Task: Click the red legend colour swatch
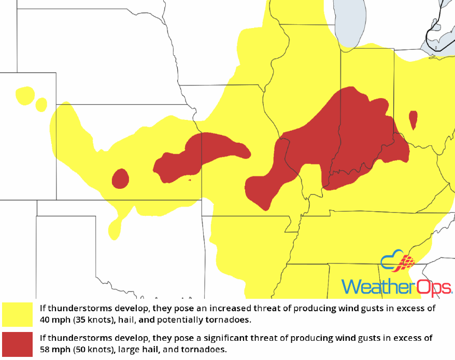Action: pyautogui.click(x=18, y=343)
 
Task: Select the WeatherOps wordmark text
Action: pyautogui.click(x=396, y=287)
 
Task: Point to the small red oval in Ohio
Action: pyautogui.click(x=413, y=120)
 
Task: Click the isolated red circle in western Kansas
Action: pyautogui.click(x=120, y=178)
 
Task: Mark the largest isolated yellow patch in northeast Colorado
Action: pyautogui.click(x=24, y=95)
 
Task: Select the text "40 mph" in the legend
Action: pyautogui.click(x=54, y=319)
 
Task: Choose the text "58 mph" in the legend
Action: pyautogui.click(x=54, y=349)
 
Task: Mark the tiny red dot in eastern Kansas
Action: pyautogui.click(x=190, y=180)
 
